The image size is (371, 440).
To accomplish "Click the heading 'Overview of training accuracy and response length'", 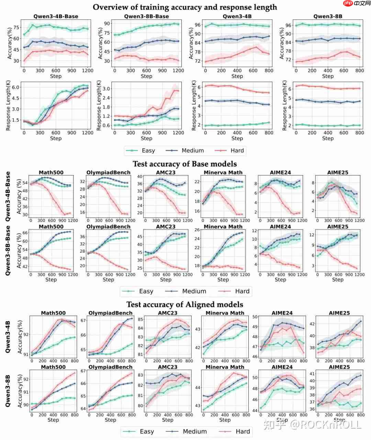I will (185, 7).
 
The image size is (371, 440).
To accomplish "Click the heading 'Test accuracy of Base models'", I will (185, 164).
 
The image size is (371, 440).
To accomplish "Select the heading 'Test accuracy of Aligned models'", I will (185, 305).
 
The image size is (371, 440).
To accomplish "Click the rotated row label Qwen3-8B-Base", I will (8, 250).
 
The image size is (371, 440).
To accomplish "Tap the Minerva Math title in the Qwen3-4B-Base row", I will (223, 173).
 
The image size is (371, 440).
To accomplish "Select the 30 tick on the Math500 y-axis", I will (25, 215).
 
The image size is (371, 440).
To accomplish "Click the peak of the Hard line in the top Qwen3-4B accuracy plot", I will (256, 47).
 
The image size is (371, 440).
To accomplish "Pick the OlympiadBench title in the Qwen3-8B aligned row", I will (111, 367).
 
